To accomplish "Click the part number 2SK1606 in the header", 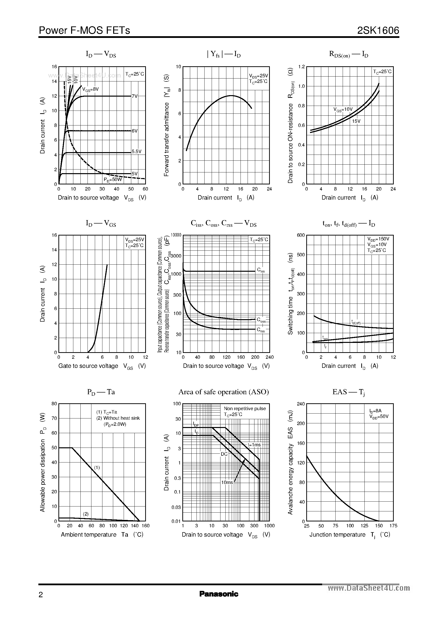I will pos(378,31).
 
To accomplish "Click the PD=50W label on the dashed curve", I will pos(113,179).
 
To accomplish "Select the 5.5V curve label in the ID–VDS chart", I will pos(136,152).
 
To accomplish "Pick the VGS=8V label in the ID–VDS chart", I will pos(90,89).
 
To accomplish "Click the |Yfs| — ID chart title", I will pos(224,55).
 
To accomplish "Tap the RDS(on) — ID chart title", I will pos(349,55).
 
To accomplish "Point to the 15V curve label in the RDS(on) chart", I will pos(356,121).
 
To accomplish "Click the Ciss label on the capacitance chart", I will pos(261,270).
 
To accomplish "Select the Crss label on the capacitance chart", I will pos(261,330).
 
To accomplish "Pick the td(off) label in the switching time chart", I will pos(356,322).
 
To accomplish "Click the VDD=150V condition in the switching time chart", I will pos(378,239).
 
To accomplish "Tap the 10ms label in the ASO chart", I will pos(227,482).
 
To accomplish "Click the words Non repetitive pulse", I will pos(245,408).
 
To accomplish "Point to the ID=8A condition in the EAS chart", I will pos(375,411).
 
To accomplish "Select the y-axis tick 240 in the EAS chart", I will pos(300,404).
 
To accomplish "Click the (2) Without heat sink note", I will pos(118,418).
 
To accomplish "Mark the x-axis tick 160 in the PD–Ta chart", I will pos(145,526).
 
